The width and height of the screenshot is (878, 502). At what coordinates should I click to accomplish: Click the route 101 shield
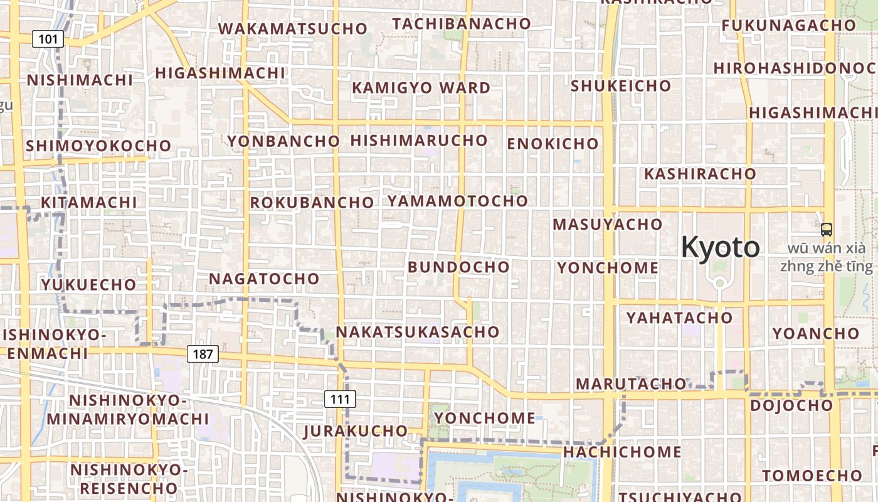pos(48,40)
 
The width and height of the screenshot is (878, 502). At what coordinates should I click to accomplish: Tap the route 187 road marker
pos(203,354)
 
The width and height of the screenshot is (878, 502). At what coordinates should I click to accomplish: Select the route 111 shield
pos(340,399)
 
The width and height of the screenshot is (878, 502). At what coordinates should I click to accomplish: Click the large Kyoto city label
pos(721,247)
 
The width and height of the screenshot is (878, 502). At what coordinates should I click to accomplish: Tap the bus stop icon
pos(827,230)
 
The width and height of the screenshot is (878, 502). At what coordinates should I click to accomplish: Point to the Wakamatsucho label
pos(292,29)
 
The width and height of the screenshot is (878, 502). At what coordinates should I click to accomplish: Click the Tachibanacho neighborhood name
pos(462,24)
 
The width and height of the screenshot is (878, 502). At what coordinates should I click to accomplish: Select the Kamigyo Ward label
pos(421,88)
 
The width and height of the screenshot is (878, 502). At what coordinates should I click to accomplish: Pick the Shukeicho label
pos(621,86)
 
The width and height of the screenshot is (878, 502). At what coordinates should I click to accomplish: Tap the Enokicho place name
pos(553,144)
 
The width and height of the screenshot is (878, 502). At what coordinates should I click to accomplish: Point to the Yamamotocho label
pos(457,201)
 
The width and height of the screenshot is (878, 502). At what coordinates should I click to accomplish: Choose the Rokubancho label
pos(312,203)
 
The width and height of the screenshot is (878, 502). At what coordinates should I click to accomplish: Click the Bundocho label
pos(458,267)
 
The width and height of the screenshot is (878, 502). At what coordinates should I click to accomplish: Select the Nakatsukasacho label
pos(418,331)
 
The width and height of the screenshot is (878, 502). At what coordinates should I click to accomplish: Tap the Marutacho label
pos(631,383)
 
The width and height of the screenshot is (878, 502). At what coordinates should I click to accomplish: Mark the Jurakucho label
pos(356,431)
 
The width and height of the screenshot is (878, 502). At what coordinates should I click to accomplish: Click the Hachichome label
pos(622,452)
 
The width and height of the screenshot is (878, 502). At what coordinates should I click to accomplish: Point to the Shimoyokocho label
pos(98,146)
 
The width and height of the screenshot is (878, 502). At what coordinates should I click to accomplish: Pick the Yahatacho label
pos(679,318)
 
